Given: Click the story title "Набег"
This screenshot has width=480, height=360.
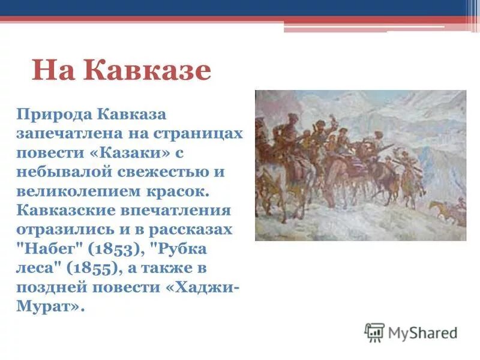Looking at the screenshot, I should pyautogui.click(x=44, y=250).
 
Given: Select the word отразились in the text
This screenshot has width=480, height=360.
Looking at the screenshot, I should pyautogui.click(x=70, y=230).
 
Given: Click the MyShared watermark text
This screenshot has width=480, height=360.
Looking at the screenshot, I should pyautogui.click(x=423, y=332).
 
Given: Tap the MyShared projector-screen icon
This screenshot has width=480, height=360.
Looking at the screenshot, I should pyautogui.click(x=374, y=332).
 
